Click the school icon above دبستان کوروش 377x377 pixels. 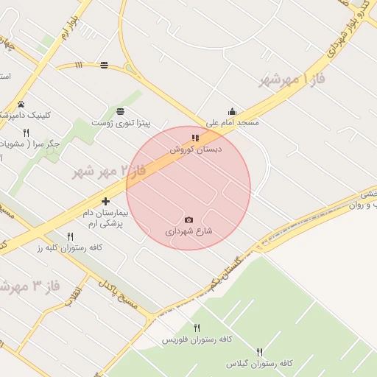[x=195, y=138]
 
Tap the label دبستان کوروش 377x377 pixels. [x=196, y=149]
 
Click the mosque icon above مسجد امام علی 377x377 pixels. [x=232, y=112]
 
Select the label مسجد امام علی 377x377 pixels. [x=232, y=123]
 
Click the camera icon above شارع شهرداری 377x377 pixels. [x=188, y=219]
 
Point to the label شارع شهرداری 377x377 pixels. [x=188, y=230]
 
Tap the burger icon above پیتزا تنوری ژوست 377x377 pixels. [x=120, y=111]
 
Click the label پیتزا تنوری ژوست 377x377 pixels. [x=120, y=122]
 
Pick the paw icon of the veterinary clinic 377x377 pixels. [x=21, y=104]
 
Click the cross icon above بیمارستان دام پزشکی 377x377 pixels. [x=106, y=201]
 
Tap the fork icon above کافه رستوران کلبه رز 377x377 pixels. [x=70, y=236]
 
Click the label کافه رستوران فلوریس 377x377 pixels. [x=197, y=339]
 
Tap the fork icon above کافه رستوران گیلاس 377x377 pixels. [x=259, y=353]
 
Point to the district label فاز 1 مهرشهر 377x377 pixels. [x=292, y=80]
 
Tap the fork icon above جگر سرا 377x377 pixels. [x=27, y=133]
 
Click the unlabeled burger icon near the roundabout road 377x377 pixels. [x=104, y=65]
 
